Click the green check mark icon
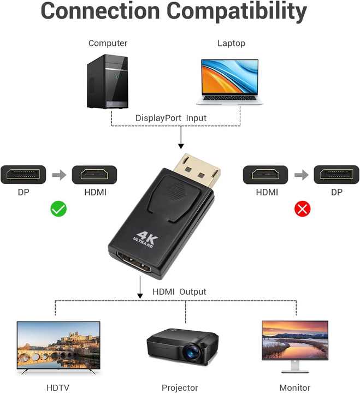click(x=58, y=209)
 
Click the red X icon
click(x=302, y=209)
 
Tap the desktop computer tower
click(x=108, y=81)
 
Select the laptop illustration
click(x=229, y=82)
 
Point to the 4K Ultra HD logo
click(x=145, y=240)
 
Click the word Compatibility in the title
click(x=237, y=11)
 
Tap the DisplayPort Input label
click(x=171, y=118)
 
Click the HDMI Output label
click(x=179, y=291)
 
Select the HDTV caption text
click(x=58, y=388)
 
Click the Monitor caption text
click(x=295, y=388)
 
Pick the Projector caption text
click(x=180, y=388)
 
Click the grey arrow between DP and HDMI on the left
click(x=59, y=175)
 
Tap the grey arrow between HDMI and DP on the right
click(x=302, y=175)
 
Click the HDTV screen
click(x=58, y=346)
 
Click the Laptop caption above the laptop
click(x=231, y=43)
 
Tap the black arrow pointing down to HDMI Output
click(x=140, y=287)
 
